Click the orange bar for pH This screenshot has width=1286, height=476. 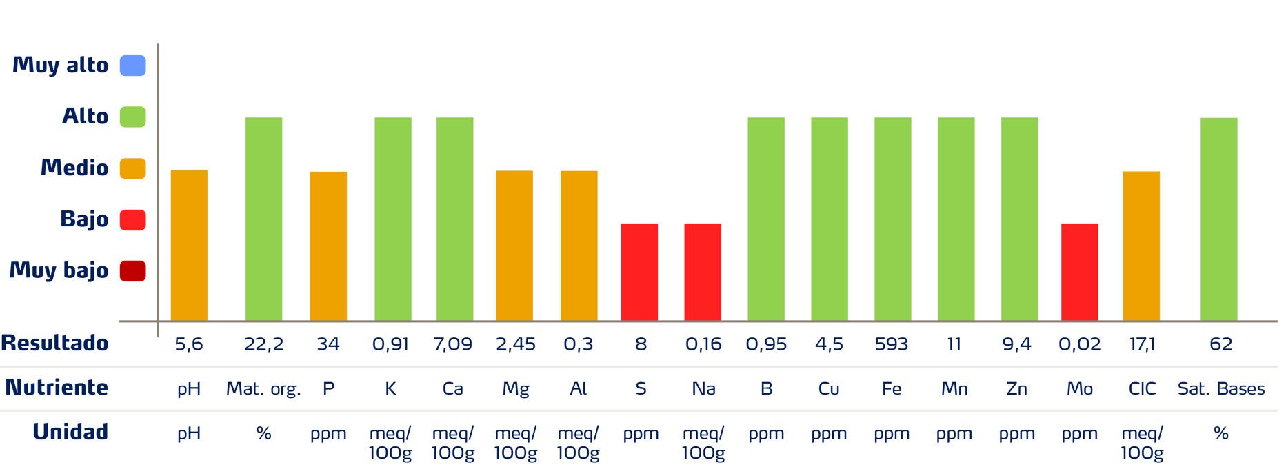click(x=189, y=245)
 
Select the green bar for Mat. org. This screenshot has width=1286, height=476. click(x=263, y=219)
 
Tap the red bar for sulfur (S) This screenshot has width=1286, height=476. click(x=639, y=272)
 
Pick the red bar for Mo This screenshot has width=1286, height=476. click(x=1079, y=272)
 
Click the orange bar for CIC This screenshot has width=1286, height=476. click(x=1141, y=246)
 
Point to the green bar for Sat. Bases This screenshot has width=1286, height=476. click(x=1218, y=219)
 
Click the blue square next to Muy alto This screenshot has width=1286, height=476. click(x=133, y=66)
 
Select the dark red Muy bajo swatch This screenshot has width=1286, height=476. click(x=133, y=271)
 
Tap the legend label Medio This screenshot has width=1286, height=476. click(x=74, y=168)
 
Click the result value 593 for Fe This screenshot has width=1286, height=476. click(x=892, y=344)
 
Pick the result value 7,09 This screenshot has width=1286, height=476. click(x=452, y=344)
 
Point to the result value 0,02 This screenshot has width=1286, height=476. click(x=1079, y=344)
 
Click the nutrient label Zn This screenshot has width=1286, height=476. click(x=1016, y=389)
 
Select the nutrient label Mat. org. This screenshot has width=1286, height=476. click(x=263, y=389)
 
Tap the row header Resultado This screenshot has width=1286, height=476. click(x=54, y=343)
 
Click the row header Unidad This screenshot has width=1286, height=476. click(x=70, y=432)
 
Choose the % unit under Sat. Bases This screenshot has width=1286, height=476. click(x=1220, y=433)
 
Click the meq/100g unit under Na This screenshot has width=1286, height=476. click(x=703, y=443)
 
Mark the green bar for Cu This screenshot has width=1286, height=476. click(x=829, y=219)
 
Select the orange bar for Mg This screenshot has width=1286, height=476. click(x=514, y=245)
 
